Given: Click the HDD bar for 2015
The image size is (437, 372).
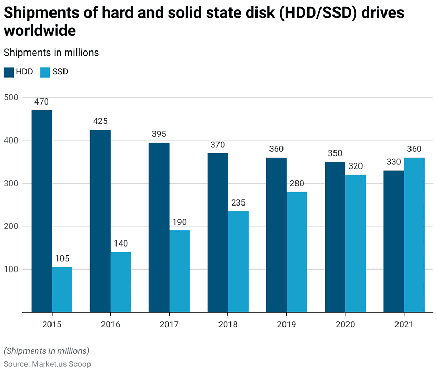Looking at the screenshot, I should tap(42, 211).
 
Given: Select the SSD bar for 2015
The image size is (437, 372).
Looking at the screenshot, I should tap(62, 289).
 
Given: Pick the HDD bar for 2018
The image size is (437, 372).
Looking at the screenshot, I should tap(217, 233).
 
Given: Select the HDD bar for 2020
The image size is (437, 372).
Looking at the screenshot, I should tap(335, 237).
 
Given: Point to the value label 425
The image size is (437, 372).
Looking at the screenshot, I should tap(100, 121).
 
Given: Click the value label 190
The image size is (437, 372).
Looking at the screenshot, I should tap(179, 222).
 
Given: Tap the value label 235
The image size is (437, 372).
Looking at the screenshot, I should tap(238, 203).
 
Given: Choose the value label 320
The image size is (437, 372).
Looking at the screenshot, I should tap(356, 166).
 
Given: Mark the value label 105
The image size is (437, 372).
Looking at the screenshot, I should tap(62, 259).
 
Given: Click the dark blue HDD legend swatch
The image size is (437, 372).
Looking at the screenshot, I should tap(8, 72).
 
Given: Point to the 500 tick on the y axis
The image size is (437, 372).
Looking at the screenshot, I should tap(11, 97).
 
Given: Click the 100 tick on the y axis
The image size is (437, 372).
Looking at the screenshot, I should tap(11, 270).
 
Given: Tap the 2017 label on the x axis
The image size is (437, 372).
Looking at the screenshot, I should tap(169, 324).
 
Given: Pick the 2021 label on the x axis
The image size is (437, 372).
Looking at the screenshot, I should tap(404, 324).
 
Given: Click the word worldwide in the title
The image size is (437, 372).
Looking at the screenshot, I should tap(40, 30).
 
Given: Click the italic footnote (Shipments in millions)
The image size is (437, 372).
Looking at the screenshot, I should tap(46, 351).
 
